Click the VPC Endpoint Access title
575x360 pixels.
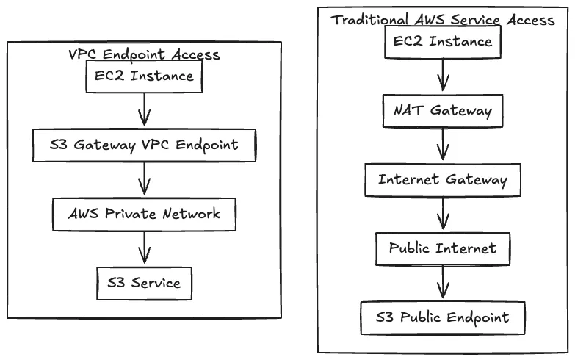[x=144, y=55]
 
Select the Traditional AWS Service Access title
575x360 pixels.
[x=443, y=20]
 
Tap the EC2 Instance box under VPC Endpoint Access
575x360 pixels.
[x=144, y=76]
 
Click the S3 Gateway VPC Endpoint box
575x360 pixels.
[x=144, y=145]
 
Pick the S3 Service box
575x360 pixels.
[x=144, y=282]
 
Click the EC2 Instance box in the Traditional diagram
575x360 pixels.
[x=443, y=42]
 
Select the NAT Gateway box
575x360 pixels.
[x=443, y=111]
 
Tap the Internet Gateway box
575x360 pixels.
[x=443, y=179]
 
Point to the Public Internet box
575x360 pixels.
[x=443, y=248]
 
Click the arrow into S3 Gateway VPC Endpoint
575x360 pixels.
[x=144, y=111]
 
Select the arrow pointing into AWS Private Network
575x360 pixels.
[x=144, y=179]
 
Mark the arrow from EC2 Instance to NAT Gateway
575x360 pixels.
[x=443, y=76]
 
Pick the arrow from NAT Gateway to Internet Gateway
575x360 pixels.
[x=443, y=145]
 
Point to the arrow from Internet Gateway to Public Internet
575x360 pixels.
[x=443, y=214]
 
